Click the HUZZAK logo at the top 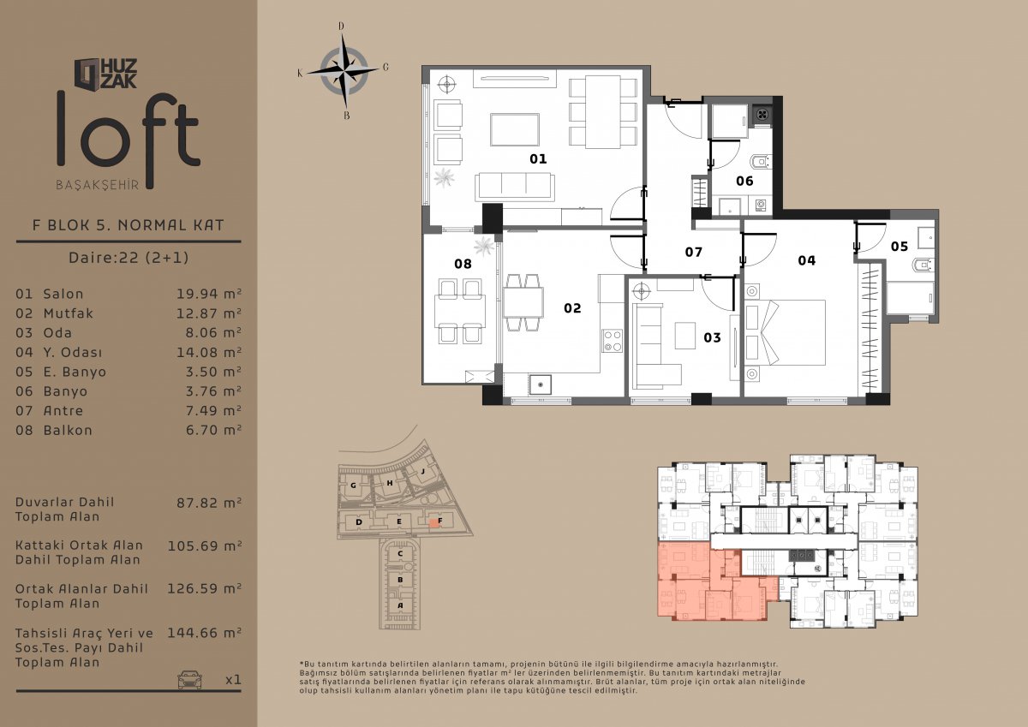[x=106, y=74]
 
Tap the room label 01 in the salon [x=538, y=158]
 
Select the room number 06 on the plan [x=744, y=181]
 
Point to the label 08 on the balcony [x=463, y=264]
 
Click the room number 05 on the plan [x=899, y=247]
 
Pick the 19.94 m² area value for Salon [x=209, y=294]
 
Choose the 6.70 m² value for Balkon [x=213, y=430]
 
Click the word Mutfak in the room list [x=68, y=313]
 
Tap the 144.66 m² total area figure [x=204, y=633]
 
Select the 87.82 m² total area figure [x=209, y=503]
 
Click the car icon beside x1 [x=189, y=679]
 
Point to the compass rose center [x=344, y=71]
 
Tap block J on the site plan [x=422, y=471]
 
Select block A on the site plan [x=400, y=605]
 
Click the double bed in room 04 [x=785, y=332]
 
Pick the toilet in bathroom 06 [x=761, y=162]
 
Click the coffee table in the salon [x=515, y=130]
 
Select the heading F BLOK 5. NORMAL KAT [x=128, y=224]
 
